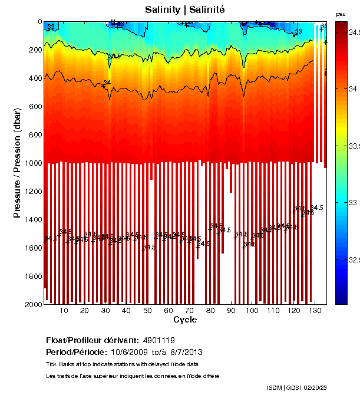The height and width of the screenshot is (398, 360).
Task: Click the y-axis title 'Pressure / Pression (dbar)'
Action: (x=17, y=163)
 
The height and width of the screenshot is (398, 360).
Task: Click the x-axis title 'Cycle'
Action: (x=185, y=320)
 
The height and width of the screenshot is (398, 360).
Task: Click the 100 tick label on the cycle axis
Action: (x=252, y=311)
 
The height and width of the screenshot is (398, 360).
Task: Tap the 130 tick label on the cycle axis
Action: (x=315, y=311)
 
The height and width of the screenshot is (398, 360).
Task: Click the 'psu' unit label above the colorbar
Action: (x=341, y=14)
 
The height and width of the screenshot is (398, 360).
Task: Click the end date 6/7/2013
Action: (x=167, y=352)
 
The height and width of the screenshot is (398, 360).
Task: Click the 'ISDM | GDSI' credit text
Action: (x=283, y=387)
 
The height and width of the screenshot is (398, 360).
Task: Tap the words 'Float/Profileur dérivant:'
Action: (x=92, y=340)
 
